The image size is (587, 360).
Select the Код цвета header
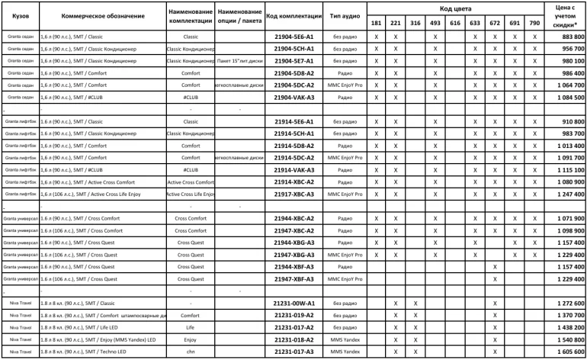click(454, 8)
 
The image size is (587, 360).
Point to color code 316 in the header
click(415, 24)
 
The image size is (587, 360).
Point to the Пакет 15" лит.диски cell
click(239, 61)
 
